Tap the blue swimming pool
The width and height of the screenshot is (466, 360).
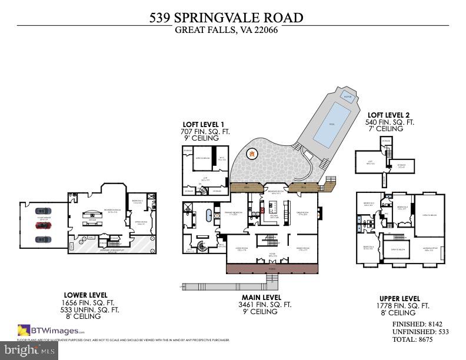(334, 124)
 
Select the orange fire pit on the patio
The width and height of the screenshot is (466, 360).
(252, 155)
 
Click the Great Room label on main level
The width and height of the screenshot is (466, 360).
(301, 214)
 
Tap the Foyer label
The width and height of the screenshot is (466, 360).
(272, 255)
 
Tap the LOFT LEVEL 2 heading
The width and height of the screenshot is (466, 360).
(390, 115)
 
